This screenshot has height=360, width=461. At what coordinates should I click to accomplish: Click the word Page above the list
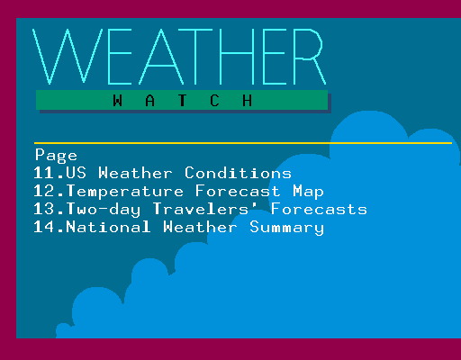click(x=56, y=156)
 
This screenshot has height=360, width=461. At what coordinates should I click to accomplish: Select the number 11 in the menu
click(x=44, y=173)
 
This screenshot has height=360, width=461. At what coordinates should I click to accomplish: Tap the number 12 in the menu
click(x=44, y=191)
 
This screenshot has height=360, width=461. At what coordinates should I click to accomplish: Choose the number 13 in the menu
click(x=44, y=209)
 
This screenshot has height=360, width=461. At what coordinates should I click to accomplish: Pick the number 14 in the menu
click(x=44, y=227)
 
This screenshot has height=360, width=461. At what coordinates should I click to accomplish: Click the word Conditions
click(x=238, y=173)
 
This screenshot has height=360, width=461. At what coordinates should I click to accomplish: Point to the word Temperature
click(x=125, y=192)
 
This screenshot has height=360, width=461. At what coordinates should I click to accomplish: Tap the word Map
click(x=308, y=192)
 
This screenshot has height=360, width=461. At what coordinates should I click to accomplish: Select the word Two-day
click(x=104, y=210)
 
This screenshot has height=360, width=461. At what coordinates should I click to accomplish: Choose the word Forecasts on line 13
click(x=319, y=209)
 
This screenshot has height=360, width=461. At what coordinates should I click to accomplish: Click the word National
click(x=108, y=227)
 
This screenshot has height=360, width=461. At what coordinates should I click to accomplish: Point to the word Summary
click(x=286, y=228)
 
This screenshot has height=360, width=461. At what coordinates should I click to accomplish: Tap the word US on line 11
click(x=77, y=173)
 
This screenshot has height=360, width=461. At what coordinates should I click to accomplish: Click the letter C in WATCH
click(x=214, y=101)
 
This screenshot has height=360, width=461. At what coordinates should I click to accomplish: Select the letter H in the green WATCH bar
click(x=247, y=101)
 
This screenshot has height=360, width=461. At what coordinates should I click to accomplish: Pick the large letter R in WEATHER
click(x=310, y=57)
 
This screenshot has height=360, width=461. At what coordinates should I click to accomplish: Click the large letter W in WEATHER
click(x=68, y=57)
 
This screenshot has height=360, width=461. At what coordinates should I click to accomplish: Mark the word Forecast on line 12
click(x=238, y=191)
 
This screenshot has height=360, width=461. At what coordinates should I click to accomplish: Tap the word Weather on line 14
click(x=200, y=227)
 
